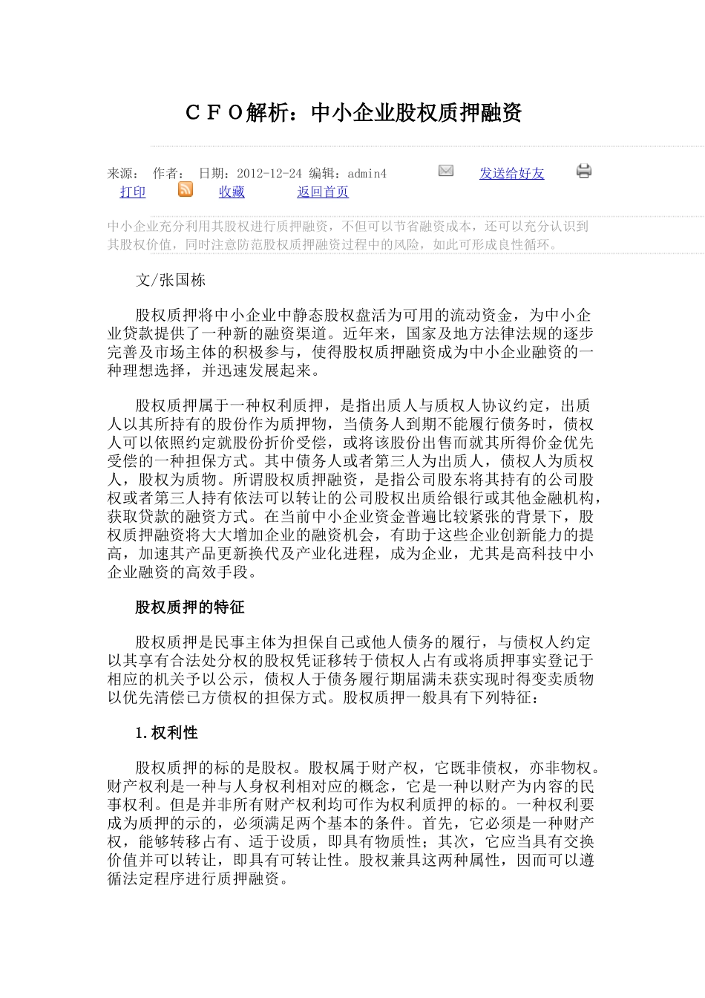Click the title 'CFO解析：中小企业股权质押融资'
[x=353, y=113]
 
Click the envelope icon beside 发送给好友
[x=446, y=171]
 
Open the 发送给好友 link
[x=511, y=173]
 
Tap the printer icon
[x=584, y=172]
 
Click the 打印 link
[x=133, y=192]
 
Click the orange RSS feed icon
[x=186, y=190]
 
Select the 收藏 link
[x=232, y=192]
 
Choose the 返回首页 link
[x=323, y=192]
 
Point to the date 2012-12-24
[x=269, y=173]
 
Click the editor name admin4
[x=367, y=173]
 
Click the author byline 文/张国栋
[x=170, y=280]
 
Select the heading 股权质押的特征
[x=189, y=607]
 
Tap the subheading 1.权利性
[x=166, y=733]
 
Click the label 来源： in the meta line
[x=124, y=173]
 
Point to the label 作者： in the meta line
[x=169, y=173]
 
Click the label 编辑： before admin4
[x=327, y=173]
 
